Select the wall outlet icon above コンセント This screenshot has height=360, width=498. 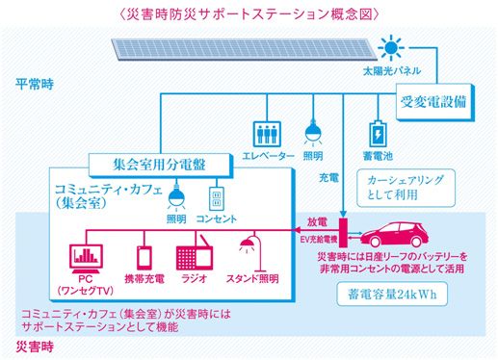(x=218, y=200)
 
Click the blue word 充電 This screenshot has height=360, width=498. (x=328, y=178)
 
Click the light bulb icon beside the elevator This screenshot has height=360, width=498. (x=311, y=132)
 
